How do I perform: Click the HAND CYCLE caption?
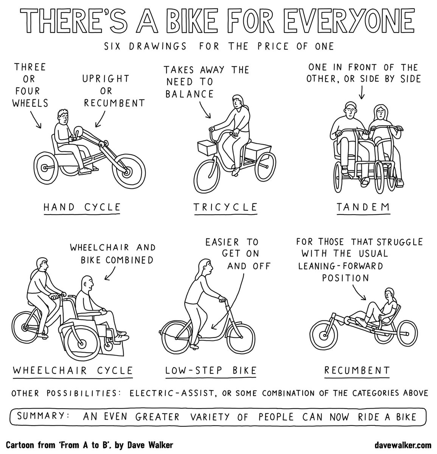click(82, 207)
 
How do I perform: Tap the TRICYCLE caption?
click(225, 207)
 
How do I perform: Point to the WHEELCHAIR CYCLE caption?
click(73, 370)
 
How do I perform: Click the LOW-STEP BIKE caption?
click(211, 370)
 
